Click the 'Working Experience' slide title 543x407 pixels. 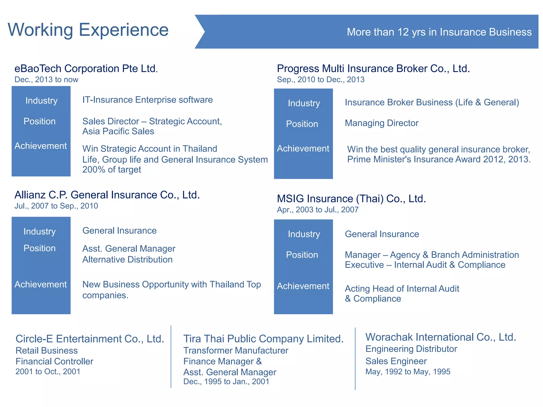(88, 30)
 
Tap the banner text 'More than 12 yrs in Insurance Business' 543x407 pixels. (439, 32)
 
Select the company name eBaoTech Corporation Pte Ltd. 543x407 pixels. (86, 69)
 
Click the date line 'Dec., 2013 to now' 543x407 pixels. (46, 79)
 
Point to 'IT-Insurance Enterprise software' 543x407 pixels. (147, 100)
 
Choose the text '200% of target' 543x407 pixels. (112, 170)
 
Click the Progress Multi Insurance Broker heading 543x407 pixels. (373, 69)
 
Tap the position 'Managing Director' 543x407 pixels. (382, 123)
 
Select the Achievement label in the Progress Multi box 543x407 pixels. (303, 149)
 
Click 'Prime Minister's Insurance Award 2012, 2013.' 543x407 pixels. (439, 160)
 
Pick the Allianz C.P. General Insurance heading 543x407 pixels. (107, 195)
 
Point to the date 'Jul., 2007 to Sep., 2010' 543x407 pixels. (56, 206)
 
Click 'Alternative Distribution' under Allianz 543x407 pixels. (128, 260)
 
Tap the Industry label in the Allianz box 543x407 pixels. (40, 232)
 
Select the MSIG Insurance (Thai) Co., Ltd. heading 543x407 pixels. (351, 199)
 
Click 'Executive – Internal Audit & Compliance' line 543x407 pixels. (425, 265)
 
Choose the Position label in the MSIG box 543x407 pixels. (302, 255)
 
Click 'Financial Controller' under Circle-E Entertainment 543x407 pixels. (54, 361)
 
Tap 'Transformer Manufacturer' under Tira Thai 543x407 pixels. (236, 351)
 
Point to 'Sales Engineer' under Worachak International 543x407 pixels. (396, 361)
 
